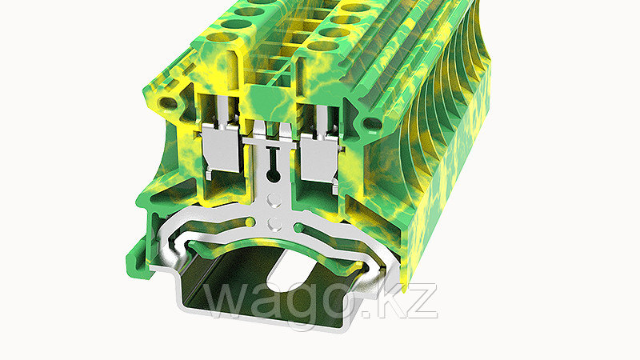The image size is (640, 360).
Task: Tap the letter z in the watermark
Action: [423, 302]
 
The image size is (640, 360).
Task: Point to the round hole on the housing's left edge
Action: [167, 103]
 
